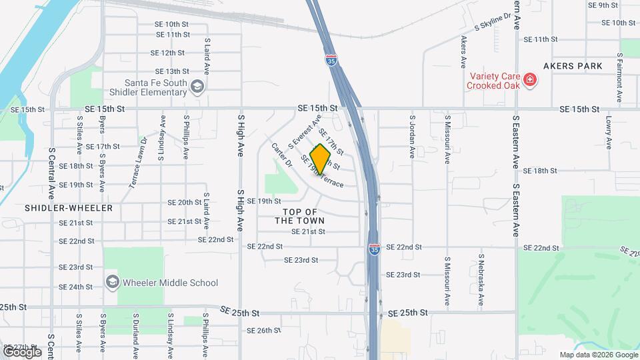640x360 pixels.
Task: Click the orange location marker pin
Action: click(321, 159)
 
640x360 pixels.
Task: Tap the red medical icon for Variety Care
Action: click(531, 80)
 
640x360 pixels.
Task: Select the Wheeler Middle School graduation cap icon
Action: click(112, 282)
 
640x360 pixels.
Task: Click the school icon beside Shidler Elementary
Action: click(197, 86)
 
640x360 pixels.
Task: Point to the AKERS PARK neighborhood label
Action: click(573, 66)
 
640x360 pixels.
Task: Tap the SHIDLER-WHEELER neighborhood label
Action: click(69, 208)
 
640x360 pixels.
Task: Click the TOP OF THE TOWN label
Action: click(299, 216)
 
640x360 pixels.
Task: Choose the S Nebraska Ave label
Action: click(481, 280)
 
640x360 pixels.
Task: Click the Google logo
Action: click(21, 351)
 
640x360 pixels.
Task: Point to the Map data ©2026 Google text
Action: click(598, 355)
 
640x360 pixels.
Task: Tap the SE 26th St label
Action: click(263, 331)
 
